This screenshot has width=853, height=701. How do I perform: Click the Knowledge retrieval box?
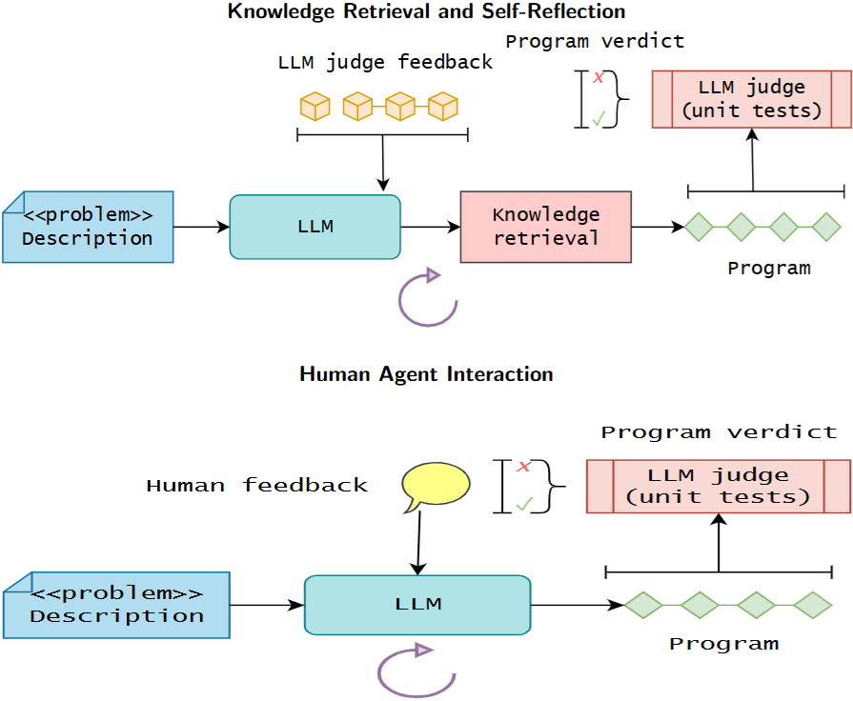click(545, 227)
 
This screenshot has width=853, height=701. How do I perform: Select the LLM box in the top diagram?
click(315, 227)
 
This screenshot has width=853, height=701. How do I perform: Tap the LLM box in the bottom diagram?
click(417, 605)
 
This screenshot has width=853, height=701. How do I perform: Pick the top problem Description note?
click(88, 227)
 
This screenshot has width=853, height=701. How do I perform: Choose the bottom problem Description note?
click(116, 605)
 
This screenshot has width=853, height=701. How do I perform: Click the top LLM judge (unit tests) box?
click(752, 99)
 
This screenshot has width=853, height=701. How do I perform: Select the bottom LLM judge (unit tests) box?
click(718, 486)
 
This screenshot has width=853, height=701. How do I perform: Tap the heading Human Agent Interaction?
click(426, 374)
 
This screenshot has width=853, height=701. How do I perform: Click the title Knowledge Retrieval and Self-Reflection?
click(426, 11)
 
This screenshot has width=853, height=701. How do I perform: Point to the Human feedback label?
click(256, 486)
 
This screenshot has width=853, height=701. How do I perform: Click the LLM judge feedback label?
click(385, 63)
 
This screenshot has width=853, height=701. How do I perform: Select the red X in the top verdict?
click(599, 78)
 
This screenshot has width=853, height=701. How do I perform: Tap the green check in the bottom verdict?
click(523, 504)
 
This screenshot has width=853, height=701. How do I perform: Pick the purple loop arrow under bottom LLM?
click(415, 672)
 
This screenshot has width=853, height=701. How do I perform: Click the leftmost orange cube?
click(315, 106)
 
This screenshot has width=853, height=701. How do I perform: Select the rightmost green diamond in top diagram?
click(825, 227)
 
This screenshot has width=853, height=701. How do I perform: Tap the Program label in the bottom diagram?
click(723, 644)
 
